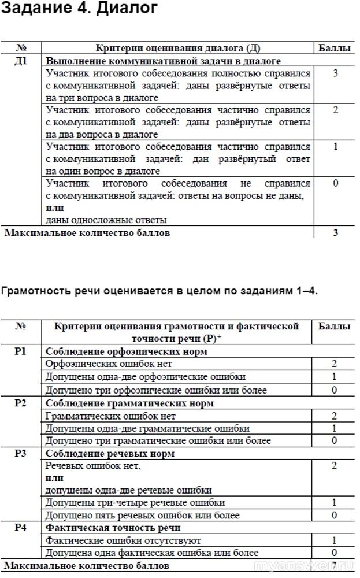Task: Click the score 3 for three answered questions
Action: pyautogui.click(x=335, y=73)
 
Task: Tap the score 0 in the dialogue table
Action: pyautogui.click(x=335, y=183)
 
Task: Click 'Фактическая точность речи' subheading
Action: pyautogui.click(x=113, y=527)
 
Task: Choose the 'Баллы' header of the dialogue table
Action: pyautogui.click(x=335, y=48)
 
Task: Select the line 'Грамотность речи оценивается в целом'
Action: pyautogui.click(x=159, y=291)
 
